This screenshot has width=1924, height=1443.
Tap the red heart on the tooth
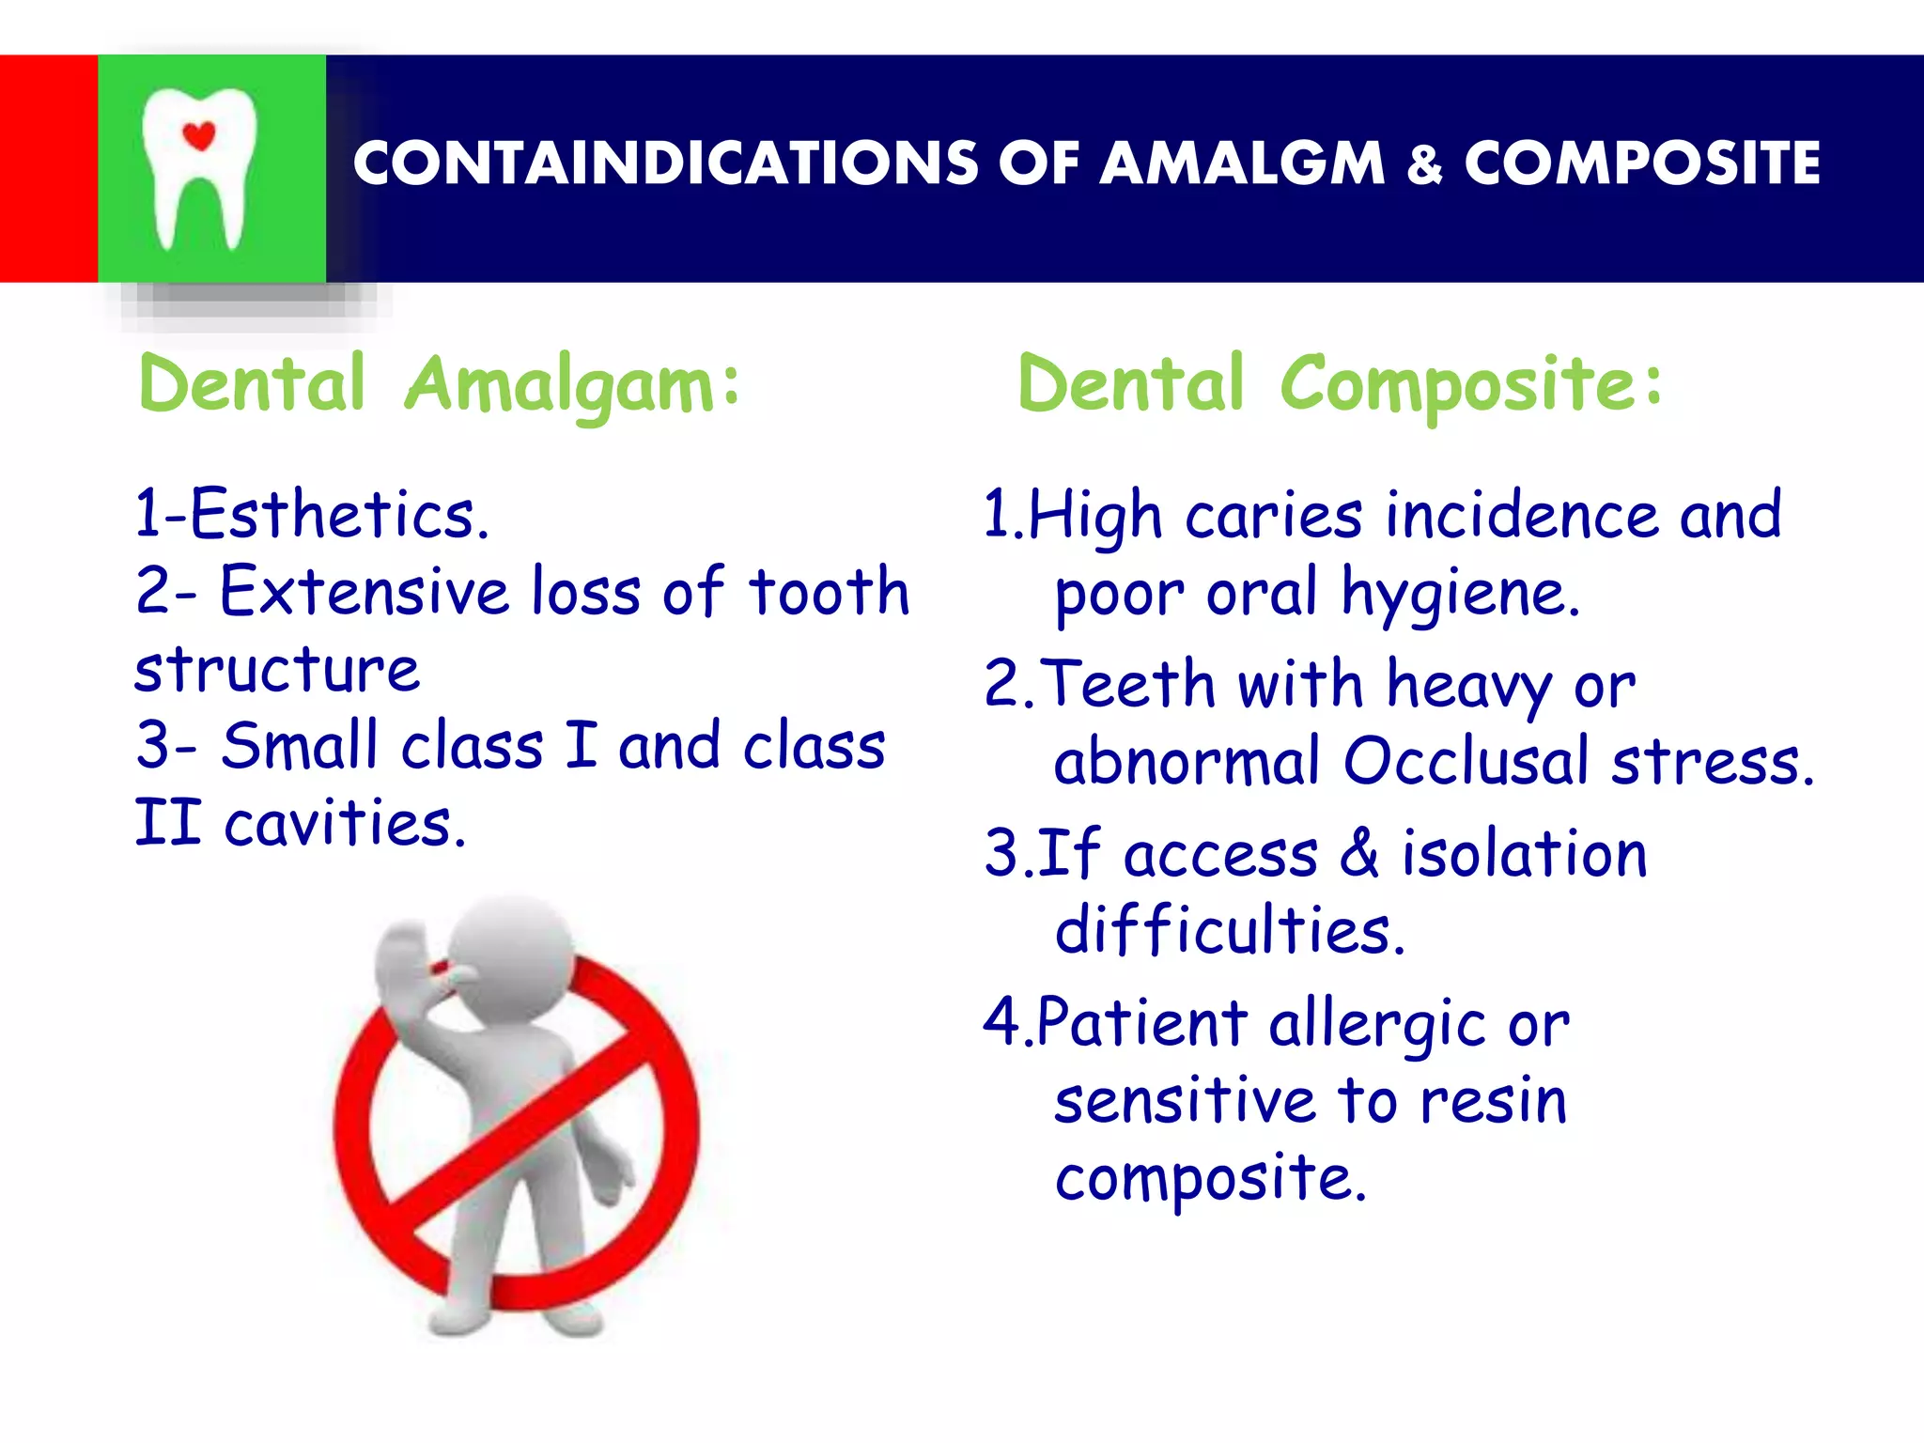click(198, 136)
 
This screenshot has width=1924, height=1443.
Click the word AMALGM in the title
click(1241, 163)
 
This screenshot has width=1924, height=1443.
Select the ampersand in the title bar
click(1424, 165)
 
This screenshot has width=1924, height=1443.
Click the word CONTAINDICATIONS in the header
click(665, 163)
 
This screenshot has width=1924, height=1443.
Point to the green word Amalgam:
click(572, 385)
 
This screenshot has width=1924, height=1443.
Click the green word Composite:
click(1471, 385)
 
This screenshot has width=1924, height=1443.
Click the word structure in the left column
click(277, 670)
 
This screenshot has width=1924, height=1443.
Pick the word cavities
click(344, 824)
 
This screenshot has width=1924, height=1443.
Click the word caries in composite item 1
click(1273, 516)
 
